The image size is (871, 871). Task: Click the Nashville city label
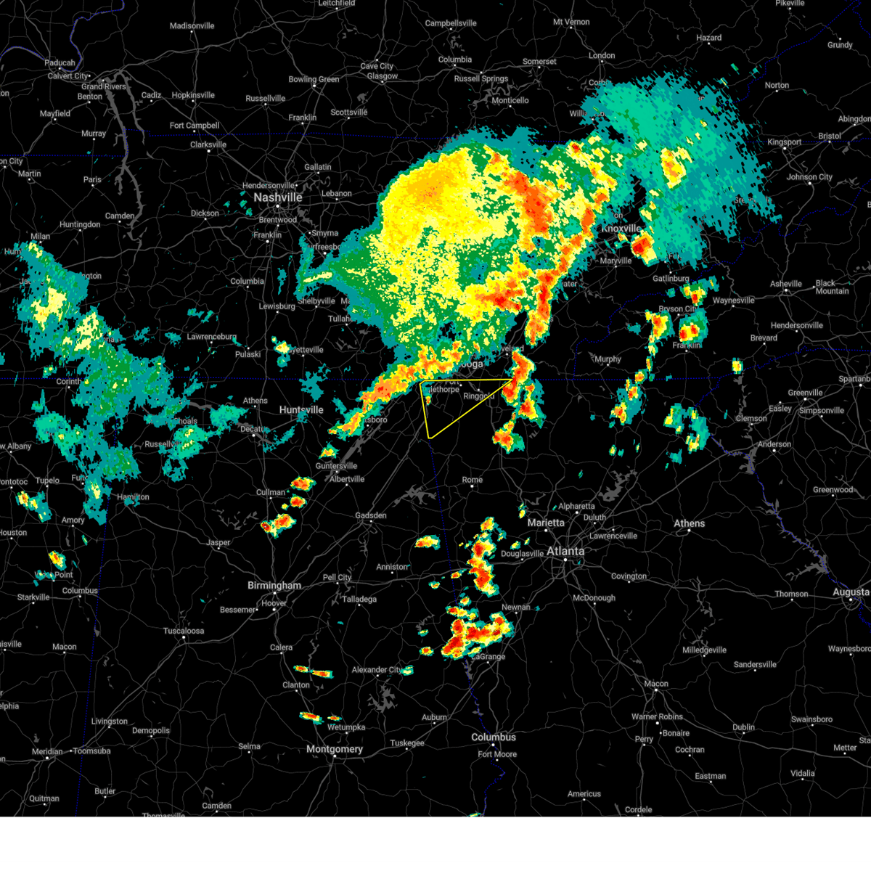(278, 197)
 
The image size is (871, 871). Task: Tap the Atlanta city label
(565, 552)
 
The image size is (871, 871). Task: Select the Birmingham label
(274, 586)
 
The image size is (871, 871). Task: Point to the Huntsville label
(301, 410)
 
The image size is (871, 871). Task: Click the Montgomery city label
(334, 749)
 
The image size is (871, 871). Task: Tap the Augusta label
(851, 592)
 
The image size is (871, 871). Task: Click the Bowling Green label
(314, 80)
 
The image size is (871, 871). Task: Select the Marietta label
(546, 523)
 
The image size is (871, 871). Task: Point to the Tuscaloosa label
(184, 631)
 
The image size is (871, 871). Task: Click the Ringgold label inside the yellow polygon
(478, 396)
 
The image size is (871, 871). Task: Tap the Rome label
(472, 480)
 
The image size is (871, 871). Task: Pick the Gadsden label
(370, 515)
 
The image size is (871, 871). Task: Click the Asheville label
(785, 284)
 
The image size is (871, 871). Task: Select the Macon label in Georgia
(656, 684)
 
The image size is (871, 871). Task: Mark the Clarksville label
(208, 144)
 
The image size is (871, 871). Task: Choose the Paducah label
(60, 63)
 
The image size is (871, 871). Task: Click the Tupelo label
(47, 481)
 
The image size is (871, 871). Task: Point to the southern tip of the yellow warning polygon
(430, 438)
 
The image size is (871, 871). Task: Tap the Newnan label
(516, 608)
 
